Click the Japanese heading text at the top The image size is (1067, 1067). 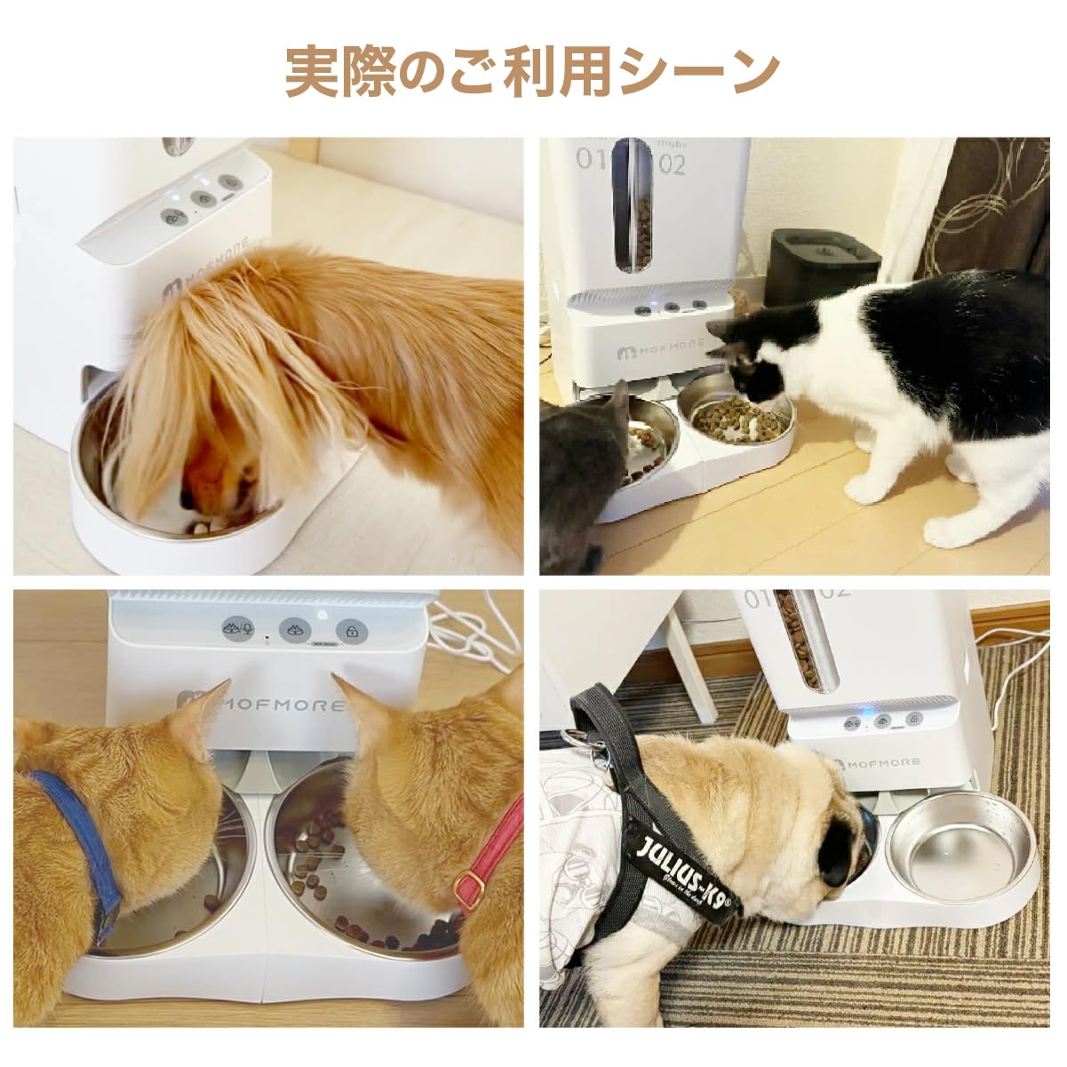(x=533, y=71)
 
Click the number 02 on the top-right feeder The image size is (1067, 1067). (x=672, y=163)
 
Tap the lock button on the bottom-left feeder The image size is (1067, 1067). (x=352, y=632)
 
